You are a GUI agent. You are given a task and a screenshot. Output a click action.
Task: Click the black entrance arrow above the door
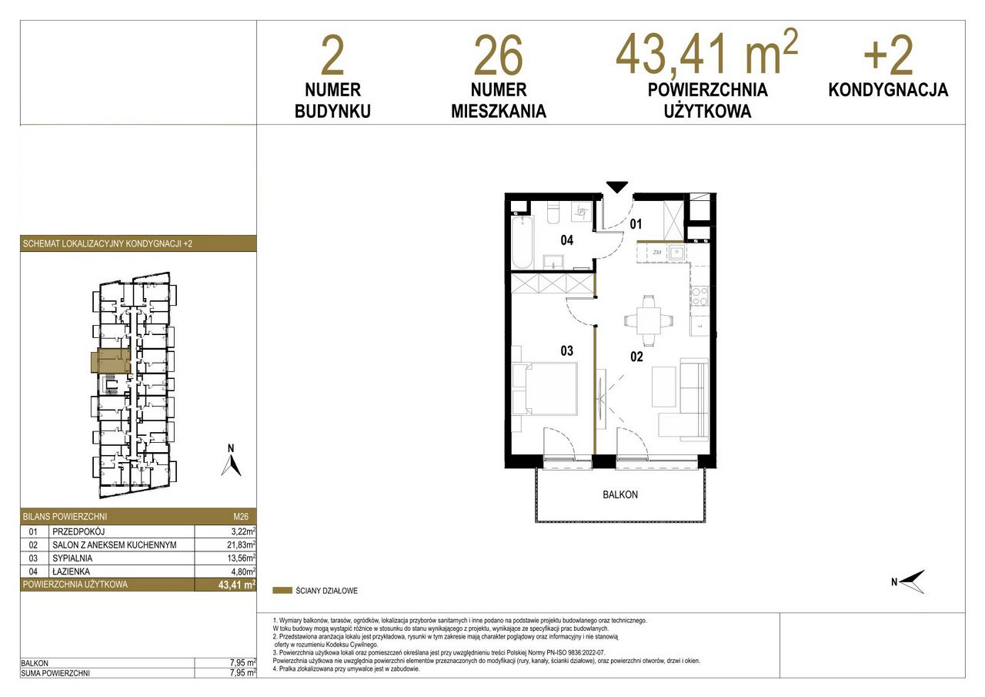(x=616, y=186)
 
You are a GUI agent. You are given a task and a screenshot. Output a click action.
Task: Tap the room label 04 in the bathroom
(x=567, y=240)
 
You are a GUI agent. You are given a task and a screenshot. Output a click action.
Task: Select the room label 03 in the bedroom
(x=567, y=350)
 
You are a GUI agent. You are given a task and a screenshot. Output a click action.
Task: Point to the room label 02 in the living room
(x=636, y=357)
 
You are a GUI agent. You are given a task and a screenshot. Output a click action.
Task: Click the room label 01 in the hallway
(x=636, y=224)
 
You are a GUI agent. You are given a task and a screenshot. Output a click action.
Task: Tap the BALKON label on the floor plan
(x=620, y=494)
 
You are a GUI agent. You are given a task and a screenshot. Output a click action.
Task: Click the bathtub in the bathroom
(x=523, y=242)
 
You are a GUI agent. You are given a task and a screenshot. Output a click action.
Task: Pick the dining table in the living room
(x=648, y=321)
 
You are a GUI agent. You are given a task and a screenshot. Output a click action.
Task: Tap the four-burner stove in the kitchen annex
(x=700, y=297)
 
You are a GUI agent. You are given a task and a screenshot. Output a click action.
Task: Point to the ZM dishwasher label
(x=657, y=253)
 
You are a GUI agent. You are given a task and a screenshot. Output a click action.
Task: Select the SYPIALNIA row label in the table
(x=72, y=558)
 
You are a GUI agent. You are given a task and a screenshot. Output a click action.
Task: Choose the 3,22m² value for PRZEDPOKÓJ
(x=243, y=531)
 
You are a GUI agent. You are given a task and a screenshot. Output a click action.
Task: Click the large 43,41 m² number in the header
(x=706, y=53)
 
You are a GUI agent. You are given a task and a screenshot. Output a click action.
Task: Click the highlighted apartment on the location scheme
(x=111, y=360)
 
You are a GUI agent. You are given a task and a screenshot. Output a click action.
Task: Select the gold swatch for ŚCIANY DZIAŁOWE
(x=282, y=591)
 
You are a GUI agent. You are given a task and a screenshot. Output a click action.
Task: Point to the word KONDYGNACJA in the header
(x=888, y=90)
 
